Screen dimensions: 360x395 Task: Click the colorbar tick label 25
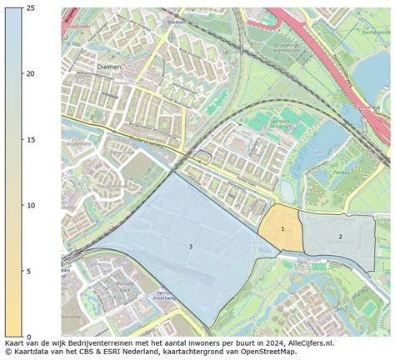pyautogui.click(x=30, y=8)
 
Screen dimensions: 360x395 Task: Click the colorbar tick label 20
pyautogui.click(x=30, y=74)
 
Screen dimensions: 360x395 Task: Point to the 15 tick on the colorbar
pyautogui.click(x=30, y=140)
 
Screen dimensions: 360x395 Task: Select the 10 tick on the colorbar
pyautogui.click(x=30, y=206)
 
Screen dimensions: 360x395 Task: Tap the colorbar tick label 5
pyautogui.click(x=27, y=272)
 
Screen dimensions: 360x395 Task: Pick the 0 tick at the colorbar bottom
pyautogui.click(x=27, y=337)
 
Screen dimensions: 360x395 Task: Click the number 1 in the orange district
pyautogui.click(x=282, y=228)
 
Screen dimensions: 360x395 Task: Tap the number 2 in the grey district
pyautogui.click(x=340, y=237)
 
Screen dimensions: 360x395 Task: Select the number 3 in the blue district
pyautogui.click(x=190, y=247)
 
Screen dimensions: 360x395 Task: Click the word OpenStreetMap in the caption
pyautogui.click(x=267, y=352)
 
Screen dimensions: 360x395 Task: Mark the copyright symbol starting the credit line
pyautogui.click(x=7, y=352)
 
